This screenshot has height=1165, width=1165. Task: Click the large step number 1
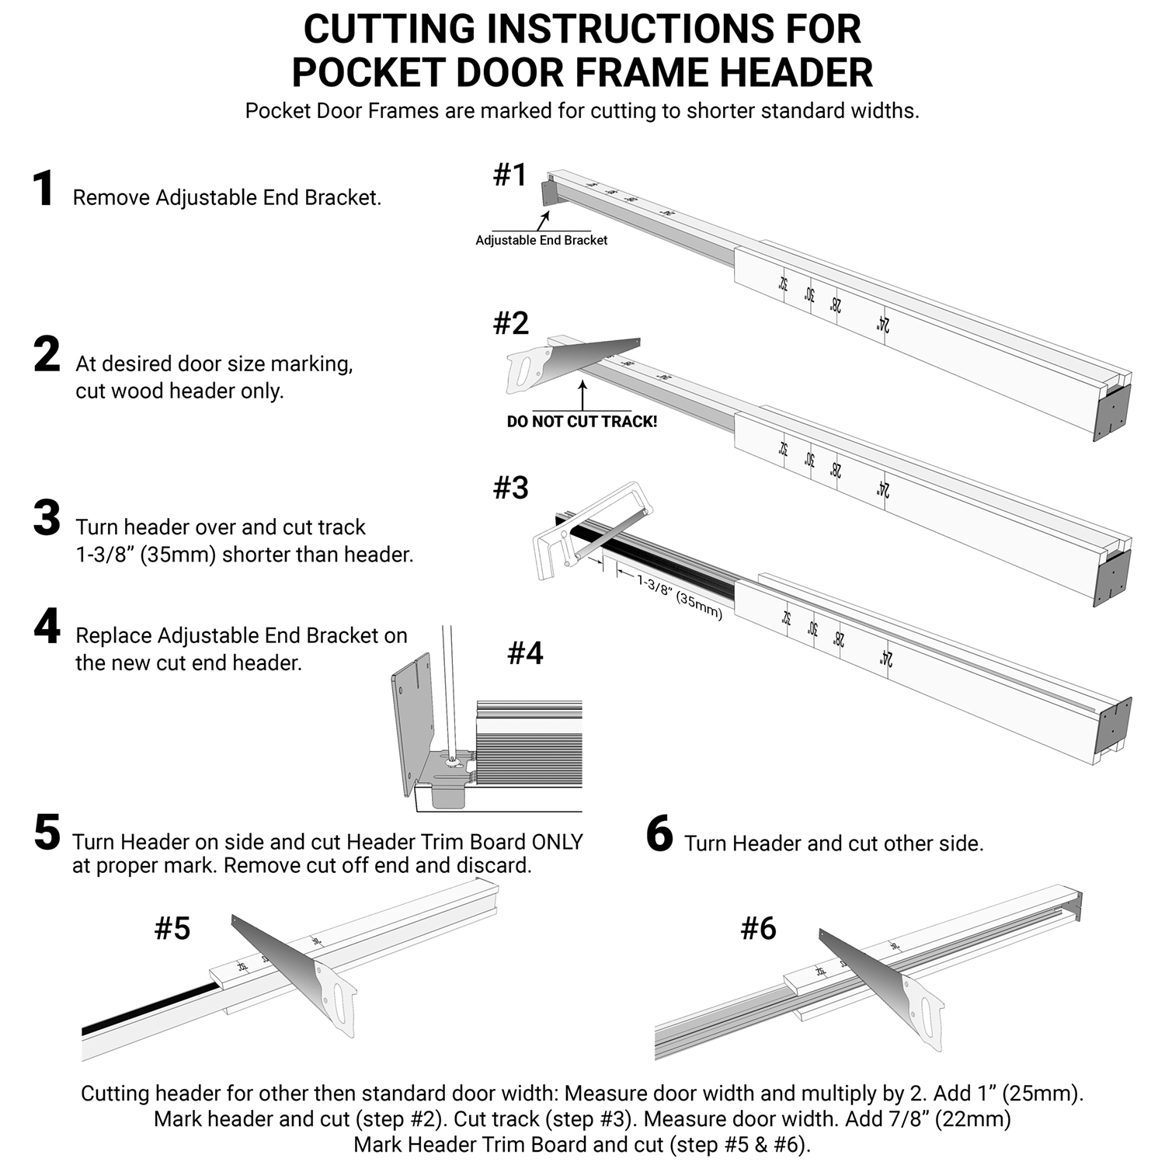pyautogui.click(x=43, y=190)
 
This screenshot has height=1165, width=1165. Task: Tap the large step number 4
pyautogui.click(x=47, y=627)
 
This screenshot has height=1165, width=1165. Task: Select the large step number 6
pyautogui.click(x=659, y=835)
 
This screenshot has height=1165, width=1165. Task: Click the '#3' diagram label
pyautogui.click(x=511, y=488)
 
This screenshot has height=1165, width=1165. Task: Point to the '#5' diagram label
pyautogui.click(x=172, y=928)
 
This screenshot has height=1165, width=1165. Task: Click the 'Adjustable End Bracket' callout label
pyautogui.click(x=541, y=241)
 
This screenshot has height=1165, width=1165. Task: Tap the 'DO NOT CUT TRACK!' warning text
pyautogui.click(x=582, y=422)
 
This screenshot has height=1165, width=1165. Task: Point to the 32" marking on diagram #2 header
pyautogui.click(x=783, y=448)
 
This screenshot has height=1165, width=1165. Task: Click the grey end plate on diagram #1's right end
pyautogui.click(x=1111, y=412)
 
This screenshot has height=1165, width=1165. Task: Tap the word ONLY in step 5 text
pyautogui.click(x=556, y=843)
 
